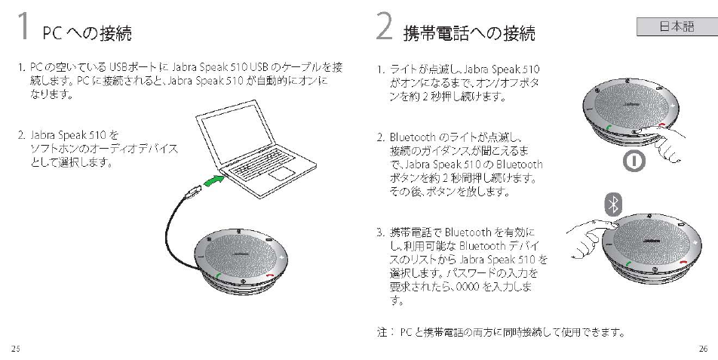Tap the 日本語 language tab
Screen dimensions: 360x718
pos(676,27)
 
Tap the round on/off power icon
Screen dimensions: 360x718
pos(631,163)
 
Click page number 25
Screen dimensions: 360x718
pos(15,348)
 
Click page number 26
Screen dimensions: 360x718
pos(702,348)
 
